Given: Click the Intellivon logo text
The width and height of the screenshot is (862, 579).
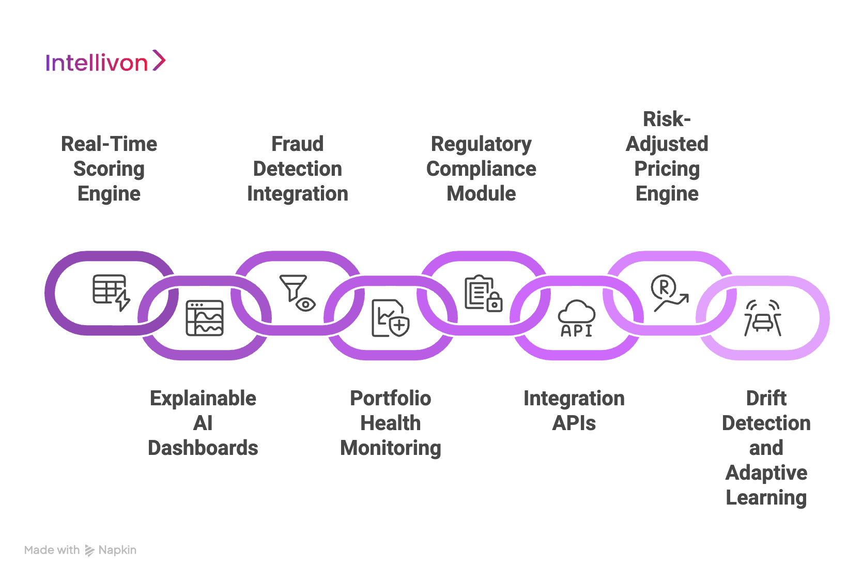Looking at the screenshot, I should point(97,63).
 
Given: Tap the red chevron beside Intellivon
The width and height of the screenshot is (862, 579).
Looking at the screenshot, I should point(159,60).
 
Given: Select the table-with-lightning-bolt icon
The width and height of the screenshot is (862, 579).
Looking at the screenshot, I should point(111,293).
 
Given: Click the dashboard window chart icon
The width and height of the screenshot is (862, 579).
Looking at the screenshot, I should point(205,318).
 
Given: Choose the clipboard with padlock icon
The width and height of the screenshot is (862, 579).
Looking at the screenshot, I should point(483,293).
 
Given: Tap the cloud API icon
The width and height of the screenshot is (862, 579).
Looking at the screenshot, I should point(576,318).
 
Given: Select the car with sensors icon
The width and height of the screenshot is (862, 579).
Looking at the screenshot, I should point(763,318).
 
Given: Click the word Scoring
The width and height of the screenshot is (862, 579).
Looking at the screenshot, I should point(109,169).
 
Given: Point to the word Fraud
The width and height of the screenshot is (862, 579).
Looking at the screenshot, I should point(298,144).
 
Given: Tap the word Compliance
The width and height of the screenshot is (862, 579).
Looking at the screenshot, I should point(481,169).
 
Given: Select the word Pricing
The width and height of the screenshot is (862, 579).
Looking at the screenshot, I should point(667,169).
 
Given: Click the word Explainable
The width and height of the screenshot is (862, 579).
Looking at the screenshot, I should point(203,399).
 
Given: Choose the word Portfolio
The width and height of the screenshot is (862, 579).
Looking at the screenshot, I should point(391,399).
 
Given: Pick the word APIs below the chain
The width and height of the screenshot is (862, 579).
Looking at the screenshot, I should point(574,423).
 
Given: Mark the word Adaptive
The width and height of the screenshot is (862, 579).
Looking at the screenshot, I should point(766,473).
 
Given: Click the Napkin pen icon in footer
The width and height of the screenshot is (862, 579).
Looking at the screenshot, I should point(89,551).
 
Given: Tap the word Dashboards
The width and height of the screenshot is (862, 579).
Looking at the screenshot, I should point(203,448).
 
